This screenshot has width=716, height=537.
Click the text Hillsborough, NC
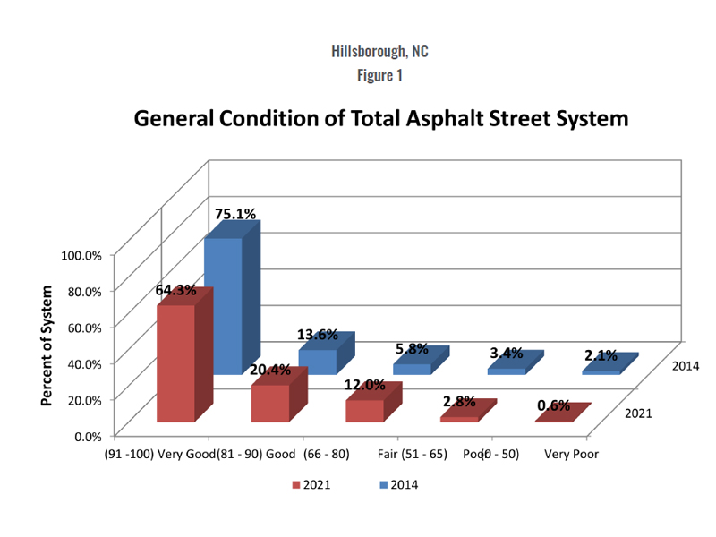click(379, 51)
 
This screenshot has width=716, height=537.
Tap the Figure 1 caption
click(379, 75)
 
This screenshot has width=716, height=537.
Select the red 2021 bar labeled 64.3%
click(175, 362)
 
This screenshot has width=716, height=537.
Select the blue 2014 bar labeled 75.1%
click(223, 304)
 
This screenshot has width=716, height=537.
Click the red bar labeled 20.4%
click(269, 403)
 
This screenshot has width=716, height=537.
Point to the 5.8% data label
click(412, 350)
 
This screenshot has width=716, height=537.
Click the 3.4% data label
click(506, 354)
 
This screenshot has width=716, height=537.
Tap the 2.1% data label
click(601, 355)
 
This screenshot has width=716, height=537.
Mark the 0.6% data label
click(553, 405)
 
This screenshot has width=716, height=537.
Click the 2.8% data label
click(458, 402)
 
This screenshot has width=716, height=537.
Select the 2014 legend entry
click(398, 485)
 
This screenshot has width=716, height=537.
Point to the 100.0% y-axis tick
click(81, 255)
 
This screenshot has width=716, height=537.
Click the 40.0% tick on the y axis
click(84, 362)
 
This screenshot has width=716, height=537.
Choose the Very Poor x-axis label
click(571, 454)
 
